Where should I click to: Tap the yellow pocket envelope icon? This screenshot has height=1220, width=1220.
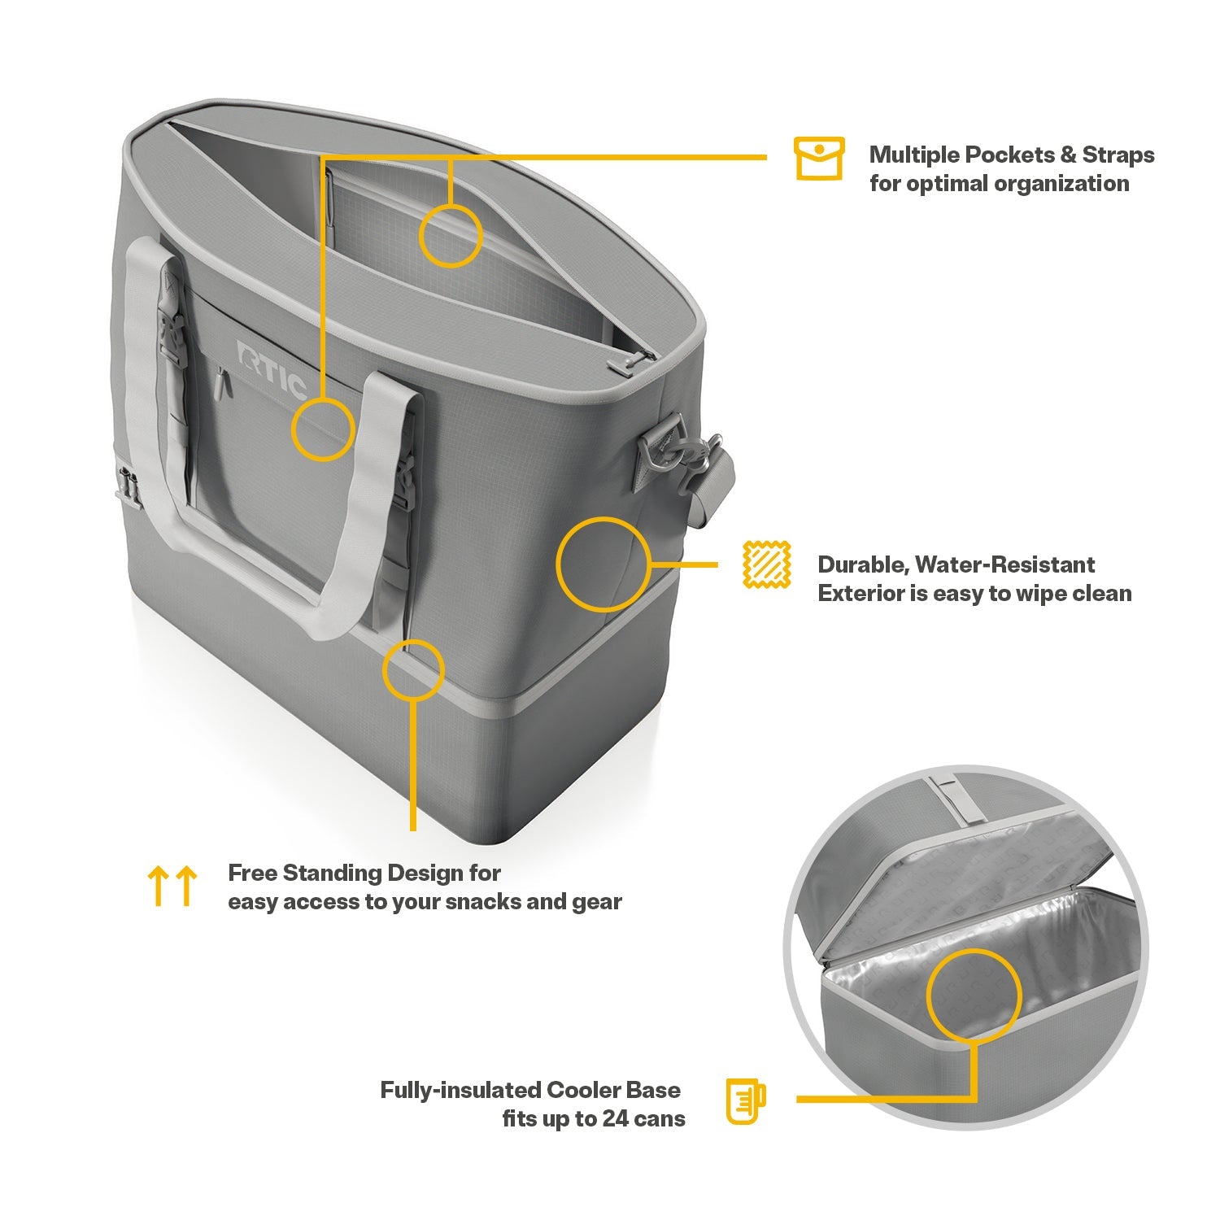pos(819,159)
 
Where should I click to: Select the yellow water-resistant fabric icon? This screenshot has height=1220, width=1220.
pos(767,564)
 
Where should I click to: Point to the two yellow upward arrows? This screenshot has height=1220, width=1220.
pos(172,886)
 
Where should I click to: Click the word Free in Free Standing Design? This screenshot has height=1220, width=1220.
pos(253,873)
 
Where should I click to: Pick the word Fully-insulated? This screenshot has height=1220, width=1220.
pos(460,1090)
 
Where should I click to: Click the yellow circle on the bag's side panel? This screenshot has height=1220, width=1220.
pos(603,564)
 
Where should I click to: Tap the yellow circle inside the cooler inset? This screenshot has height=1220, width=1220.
pos(974,994)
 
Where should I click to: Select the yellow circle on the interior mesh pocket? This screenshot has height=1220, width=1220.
pos(451,236)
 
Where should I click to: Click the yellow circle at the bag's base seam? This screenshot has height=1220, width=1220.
pos(413,669)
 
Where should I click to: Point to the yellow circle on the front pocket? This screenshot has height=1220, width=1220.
pos(324,429)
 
